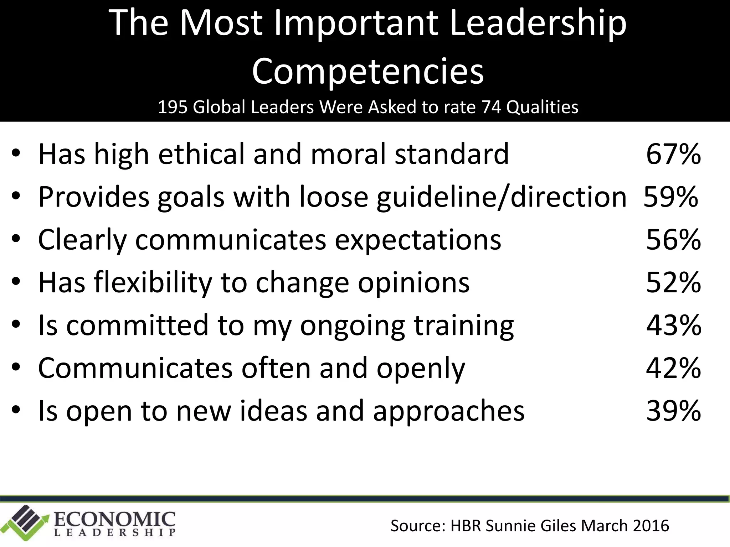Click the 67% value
click(673, 154)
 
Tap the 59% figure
click(670, 197)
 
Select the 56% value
click(673, 240)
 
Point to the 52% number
click(673, 282)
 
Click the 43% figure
click(673, 325)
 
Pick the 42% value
click(673, 368)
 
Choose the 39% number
click(673, 411)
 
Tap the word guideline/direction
click(502, 197)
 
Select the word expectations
click(418, 240)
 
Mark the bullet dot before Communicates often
click(16, 368)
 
